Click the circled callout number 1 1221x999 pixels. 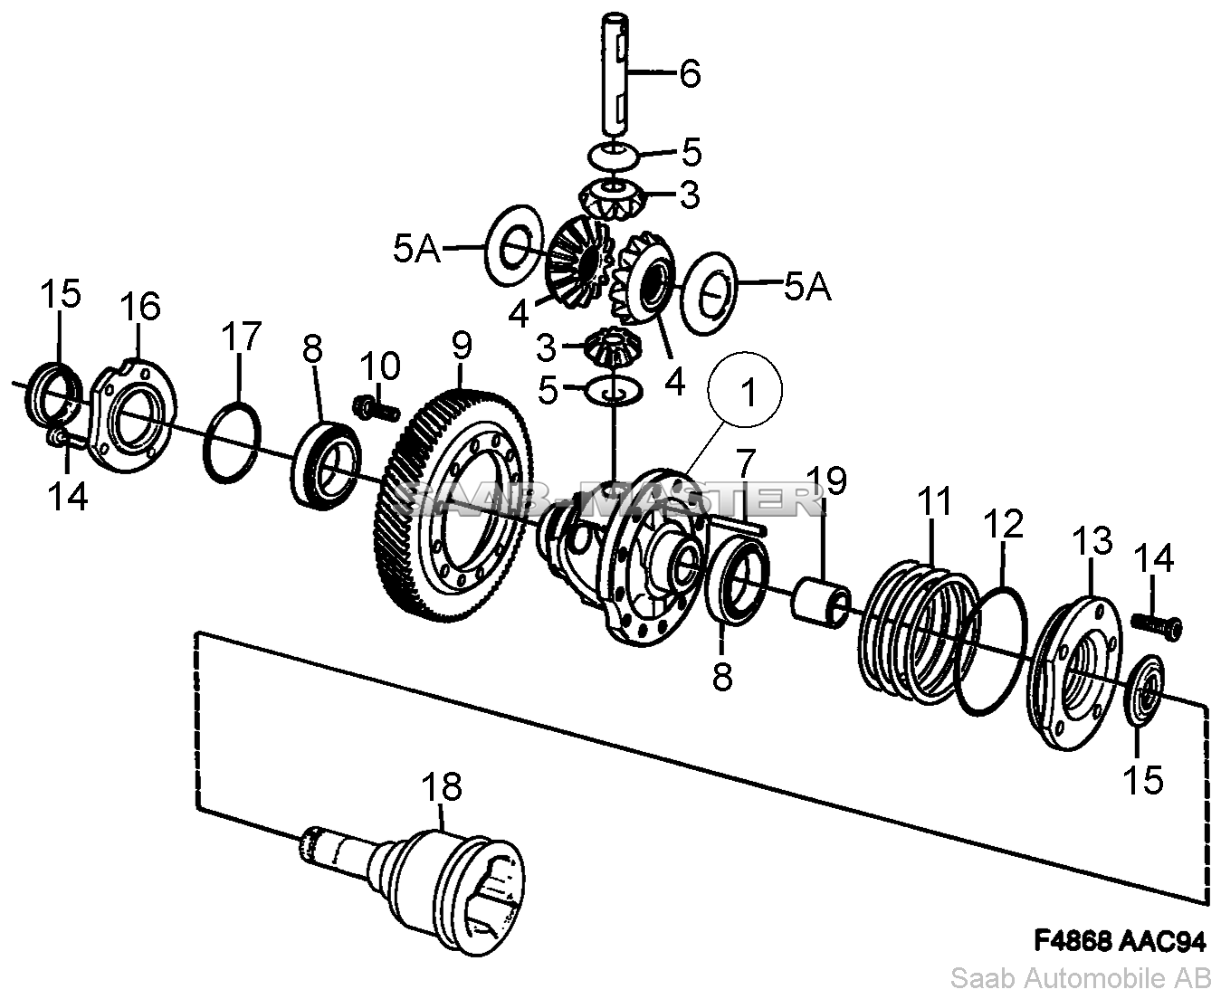coord(749,392)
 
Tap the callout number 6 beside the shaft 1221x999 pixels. coord(690,73)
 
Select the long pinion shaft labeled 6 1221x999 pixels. coord(615,74)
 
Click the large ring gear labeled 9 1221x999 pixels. coord(451,505)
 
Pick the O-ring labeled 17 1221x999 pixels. coord(232,442)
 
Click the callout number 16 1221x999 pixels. coord(140,306)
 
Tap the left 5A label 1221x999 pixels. coord(416,250)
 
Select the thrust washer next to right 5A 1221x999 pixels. coord(710,293)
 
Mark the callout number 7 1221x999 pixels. coord(746,463)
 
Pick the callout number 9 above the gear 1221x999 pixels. coord(462,346)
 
